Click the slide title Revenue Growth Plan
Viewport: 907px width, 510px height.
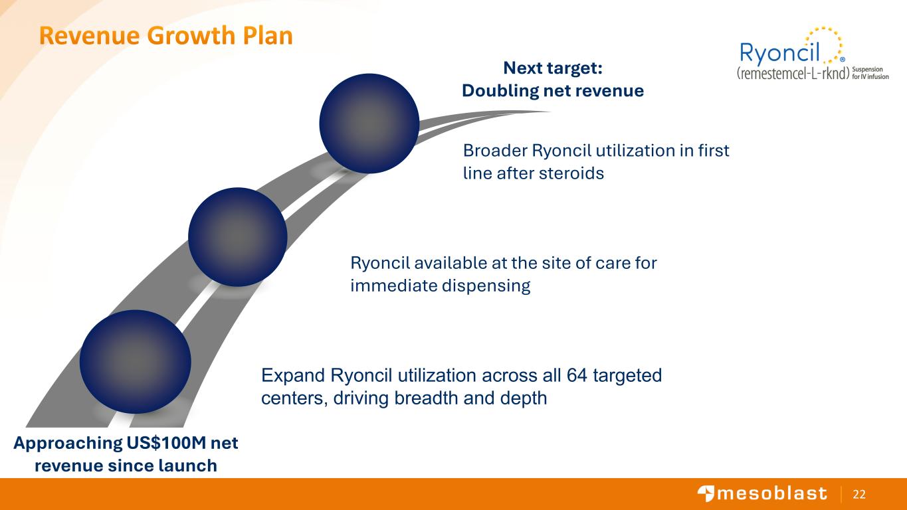click(165, 36)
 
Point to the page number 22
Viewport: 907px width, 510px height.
click(859, 494)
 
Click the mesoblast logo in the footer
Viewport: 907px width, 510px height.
click(761, 493)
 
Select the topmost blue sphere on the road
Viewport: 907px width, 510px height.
click(369, 124)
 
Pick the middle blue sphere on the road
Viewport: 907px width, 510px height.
click(238, 237)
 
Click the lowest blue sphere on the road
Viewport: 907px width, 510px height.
click(136, 361)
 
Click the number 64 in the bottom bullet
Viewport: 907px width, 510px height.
click(577, 375)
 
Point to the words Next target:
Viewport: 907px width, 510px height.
click(553, 68)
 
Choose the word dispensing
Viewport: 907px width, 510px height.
click(486, 286)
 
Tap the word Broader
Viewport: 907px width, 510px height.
click(495, 151)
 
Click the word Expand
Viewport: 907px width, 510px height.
click(293, 376)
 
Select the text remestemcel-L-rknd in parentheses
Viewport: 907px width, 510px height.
click(793, 73)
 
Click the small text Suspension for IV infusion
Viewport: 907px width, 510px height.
click(870, 73)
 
